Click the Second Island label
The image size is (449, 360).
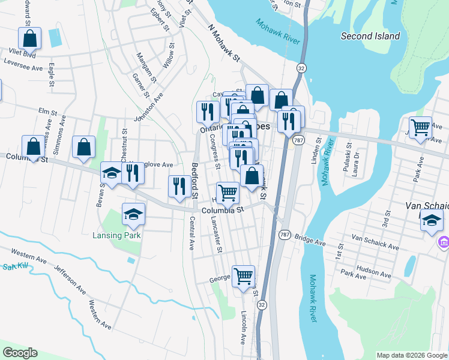(x=370, y=36)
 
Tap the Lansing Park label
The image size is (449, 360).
(x=116, y=235)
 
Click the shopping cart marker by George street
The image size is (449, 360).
(x=243, y=277)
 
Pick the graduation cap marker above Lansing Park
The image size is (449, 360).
(x=134, y=214)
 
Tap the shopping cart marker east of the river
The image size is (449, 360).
(x=421, y=127)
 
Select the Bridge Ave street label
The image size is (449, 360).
(x=310, y=239)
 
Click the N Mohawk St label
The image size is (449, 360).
(x=224, y=44)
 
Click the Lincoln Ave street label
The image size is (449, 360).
(x=244, y=327)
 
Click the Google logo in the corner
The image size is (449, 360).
(x=20, y=353)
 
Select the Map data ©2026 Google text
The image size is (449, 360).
(x=411, y=355)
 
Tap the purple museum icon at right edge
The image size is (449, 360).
(x=444, y=242)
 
